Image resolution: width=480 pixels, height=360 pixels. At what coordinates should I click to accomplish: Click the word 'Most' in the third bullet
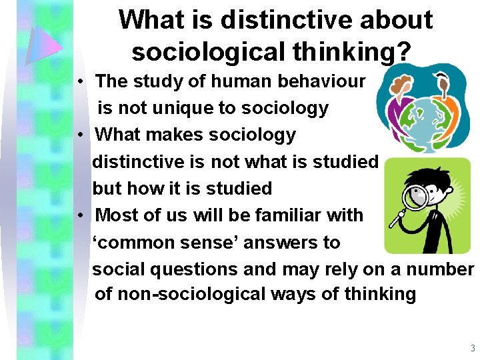click(118, 215)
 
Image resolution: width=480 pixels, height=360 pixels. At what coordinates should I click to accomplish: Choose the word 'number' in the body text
click(443, 269)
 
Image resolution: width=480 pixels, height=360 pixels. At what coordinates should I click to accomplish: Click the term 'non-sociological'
click(176, 294)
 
